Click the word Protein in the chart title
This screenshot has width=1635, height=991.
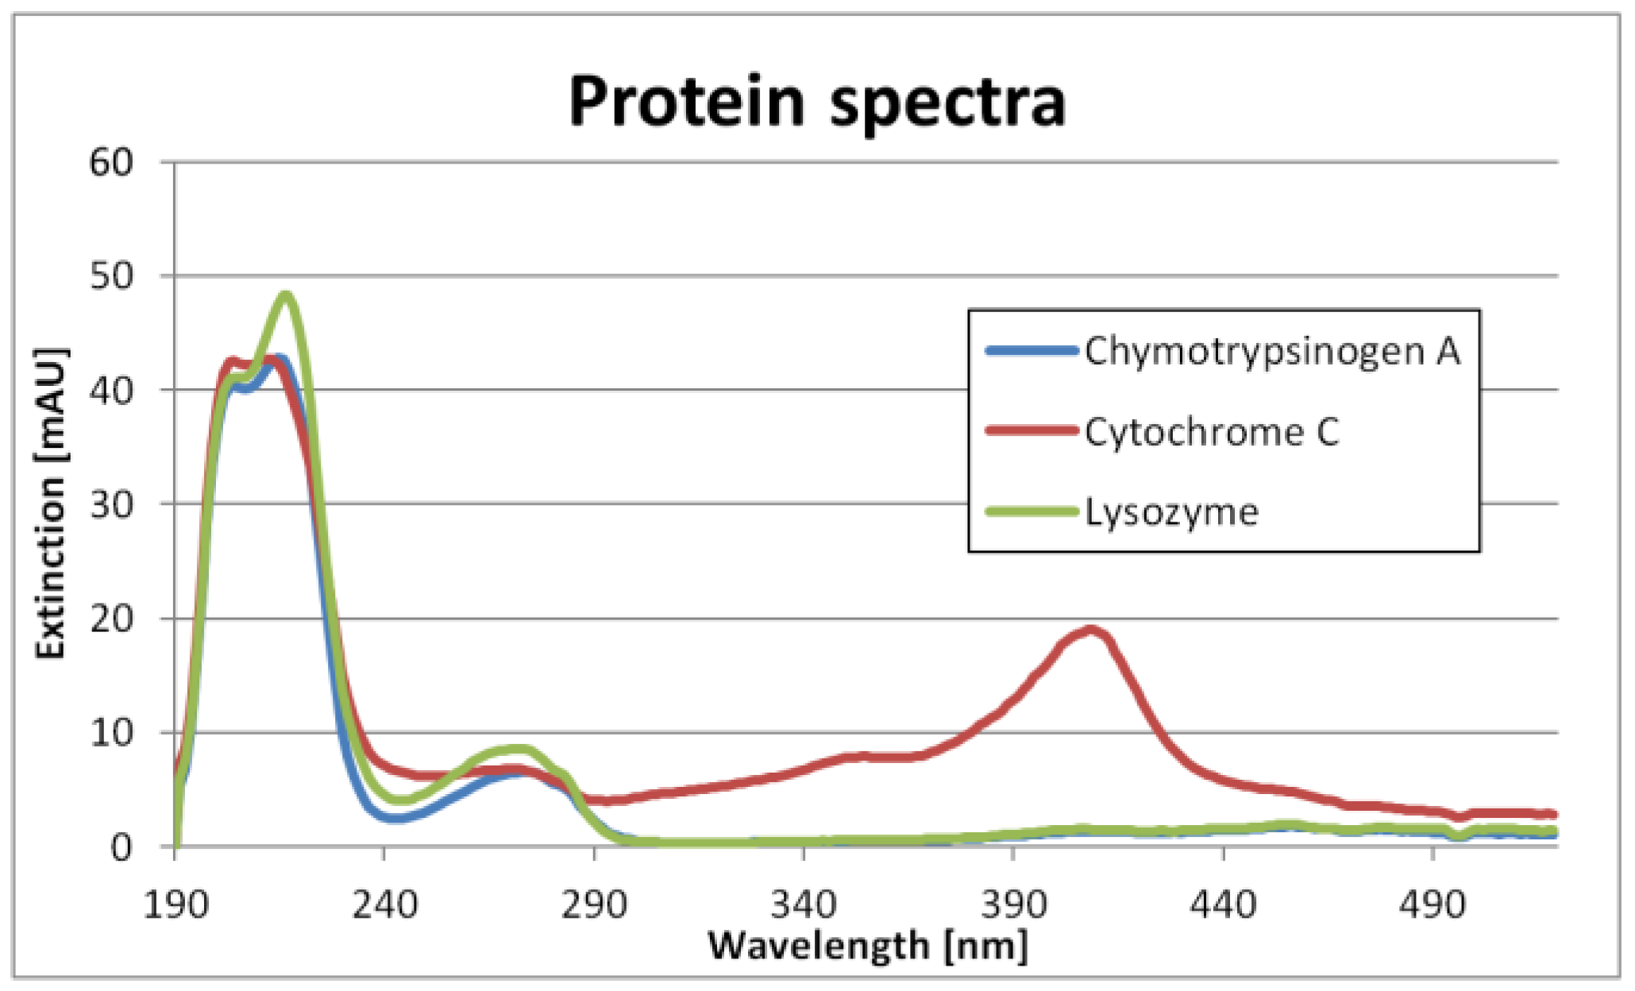click(x=687, y=102)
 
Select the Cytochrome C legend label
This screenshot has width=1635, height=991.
click(x=1212, y=432)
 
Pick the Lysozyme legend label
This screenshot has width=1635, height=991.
click(x=1172, y=512)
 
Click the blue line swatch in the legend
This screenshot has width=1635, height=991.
click(x=1032, y=350)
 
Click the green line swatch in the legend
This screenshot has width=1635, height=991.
click(x=1032, y=511)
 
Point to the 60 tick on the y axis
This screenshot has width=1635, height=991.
click(x=111, y=163)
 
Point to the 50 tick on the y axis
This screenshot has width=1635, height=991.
click(x=111, y=276)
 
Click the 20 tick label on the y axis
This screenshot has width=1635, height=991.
click(x=111, y=619)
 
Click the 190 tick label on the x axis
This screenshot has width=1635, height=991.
click(x=175, y=904)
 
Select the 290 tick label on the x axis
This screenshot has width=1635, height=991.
click(x=594, y=904)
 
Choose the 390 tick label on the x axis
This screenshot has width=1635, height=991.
click(x=1013, y=904)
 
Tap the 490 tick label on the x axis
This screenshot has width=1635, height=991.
click(x=1433, y=904)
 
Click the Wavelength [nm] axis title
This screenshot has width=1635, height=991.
click(x=867, y=946)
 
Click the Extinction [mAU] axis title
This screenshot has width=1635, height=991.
click(x=51, y=503)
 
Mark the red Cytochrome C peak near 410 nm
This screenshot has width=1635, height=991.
click(x=1092, y=631)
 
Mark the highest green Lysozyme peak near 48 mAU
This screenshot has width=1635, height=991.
click(x=286, y=297)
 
